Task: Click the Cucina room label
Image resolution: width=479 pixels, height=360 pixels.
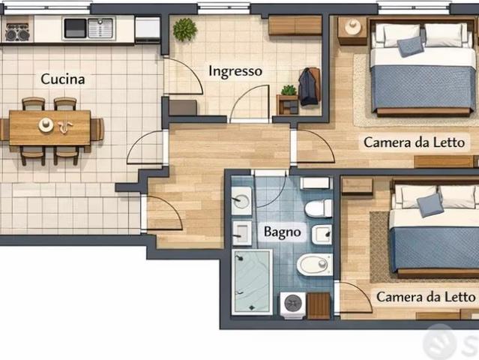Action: point(63,79)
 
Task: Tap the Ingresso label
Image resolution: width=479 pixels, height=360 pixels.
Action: point(235,71)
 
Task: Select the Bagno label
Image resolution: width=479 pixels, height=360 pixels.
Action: point(283,232)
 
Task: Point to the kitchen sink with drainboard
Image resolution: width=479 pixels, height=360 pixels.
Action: point(88,28)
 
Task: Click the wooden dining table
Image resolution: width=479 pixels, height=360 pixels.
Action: point(49,127)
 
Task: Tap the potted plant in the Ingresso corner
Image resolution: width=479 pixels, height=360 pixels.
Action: point(184,29)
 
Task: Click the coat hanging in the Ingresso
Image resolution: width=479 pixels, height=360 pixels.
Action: point(309,87)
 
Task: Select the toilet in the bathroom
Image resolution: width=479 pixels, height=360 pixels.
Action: point(319,208)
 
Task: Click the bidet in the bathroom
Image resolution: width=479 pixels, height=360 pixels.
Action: point(315,264)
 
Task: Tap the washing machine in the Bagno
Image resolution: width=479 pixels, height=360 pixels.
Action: point(293,305)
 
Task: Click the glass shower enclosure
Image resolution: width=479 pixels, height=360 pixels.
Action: point(252,282)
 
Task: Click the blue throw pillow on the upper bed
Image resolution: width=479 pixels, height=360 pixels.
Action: point(410,46)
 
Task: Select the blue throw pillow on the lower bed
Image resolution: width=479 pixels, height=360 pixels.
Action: point(430,205)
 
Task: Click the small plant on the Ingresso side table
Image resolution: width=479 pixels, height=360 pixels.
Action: point(289,90)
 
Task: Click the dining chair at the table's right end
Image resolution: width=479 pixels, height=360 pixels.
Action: point(97,130)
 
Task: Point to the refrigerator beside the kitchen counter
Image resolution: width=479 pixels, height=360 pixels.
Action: point(148,29)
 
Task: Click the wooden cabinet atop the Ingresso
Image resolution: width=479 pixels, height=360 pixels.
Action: point(295,25)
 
